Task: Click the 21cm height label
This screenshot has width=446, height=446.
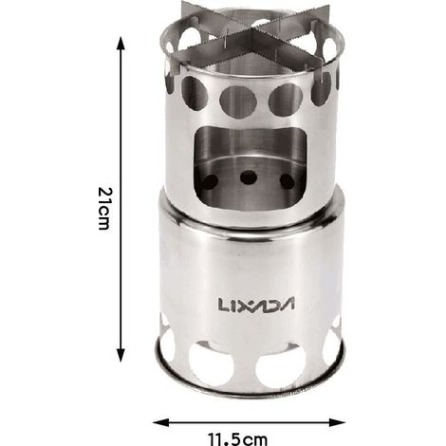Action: click(104, 209)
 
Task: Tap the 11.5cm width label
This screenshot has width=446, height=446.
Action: click(237, 439)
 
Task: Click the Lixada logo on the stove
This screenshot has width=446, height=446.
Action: click(256, 304)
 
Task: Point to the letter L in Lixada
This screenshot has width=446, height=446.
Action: click(223, 305)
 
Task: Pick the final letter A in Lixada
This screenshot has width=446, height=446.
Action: click(288, 305)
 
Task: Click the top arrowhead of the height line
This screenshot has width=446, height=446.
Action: click(121, 44)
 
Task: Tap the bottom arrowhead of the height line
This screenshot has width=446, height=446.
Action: click(121, 355)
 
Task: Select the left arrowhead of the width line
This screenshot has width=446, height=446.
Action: click(159, 422)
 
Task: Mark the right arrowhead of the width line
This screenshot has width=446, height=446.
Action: click(338, 422)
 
